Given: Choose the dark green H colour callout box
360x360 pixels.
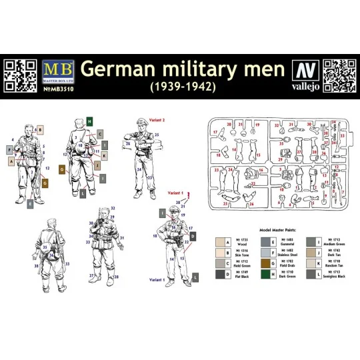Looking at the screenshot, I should click(x=89, y=121).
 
